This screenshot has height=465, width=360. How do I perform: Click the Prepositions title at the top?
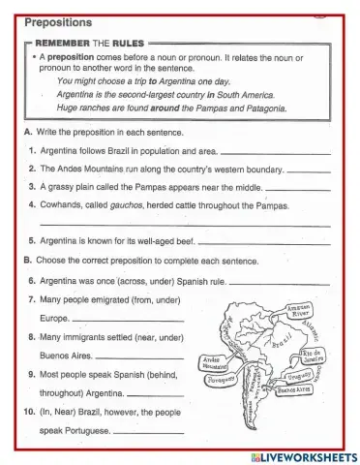point(57,21)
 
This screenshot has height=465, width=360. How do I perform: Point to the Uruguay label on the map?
point(300,376)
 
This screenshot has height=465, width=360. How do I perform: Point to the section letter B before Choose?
point(28,261)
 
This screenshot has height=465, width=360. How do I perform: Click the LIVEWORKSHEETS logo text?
point(303,456)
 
